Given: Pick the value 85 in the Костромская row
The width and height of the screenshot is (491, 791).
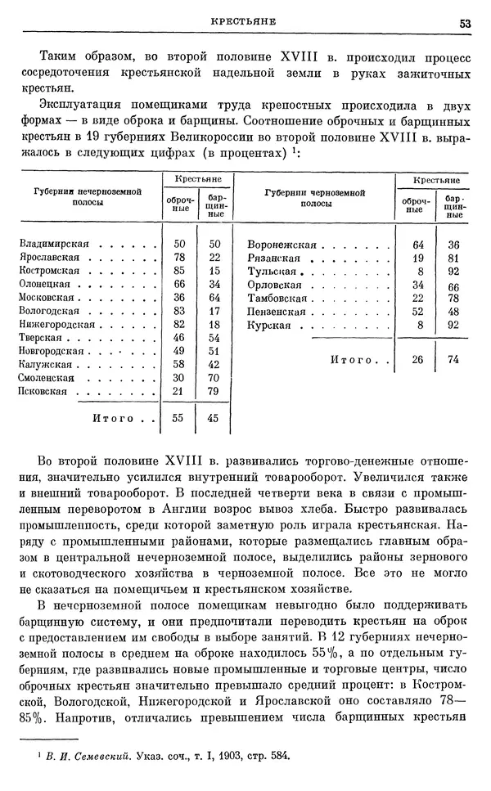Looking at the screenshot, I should pos(180,271).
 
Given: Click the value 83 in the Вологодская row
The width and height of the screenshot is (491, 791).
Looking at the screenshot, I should pos(180,311).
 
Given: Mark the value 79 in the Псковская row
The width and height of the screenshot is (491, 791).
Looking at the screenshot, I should pos(214,393).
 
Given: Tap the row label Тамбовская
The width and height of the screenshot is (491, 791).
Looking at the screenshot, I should pos(278,298).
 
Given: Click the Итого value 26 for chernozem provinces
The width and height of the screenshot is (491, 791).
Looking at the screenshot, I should pos(418,359).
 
